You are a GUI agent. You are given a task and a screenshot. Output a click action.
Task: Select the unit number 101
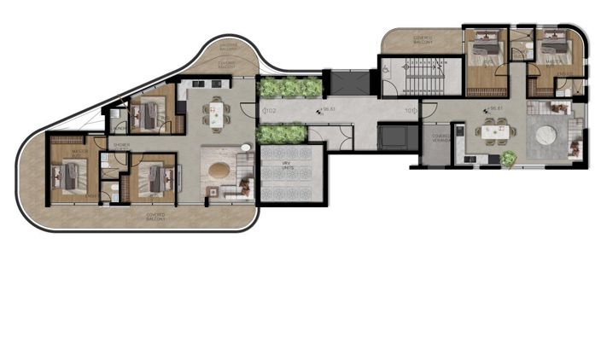point(410,110)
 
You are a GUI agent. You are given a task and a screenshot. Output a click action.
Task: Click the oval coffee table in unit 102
point(220,168)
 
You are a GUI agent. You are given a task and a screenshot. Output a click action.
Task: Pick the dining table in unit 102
point(215,112)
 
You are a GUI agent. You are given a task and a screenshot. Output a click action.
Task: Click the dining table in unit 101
point(496,131)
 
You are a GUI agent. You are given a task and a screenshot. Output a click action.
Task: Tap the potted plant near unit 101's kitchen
point(509,158)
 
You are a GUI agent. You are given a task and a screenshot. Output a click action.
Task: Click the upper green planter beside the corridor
point(290,87)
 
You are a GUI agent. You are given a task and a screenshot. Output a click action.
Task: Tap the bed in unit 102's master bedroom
point(68,175)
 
